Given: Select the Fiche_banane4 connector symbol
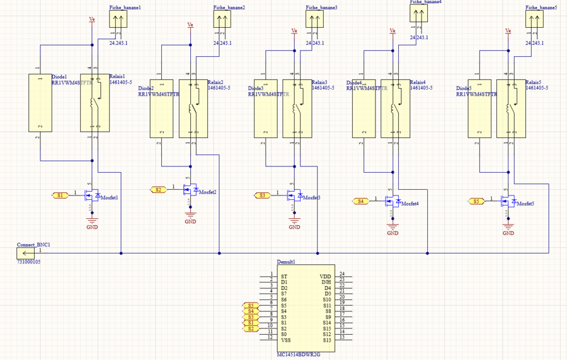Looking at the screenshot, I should [x=418, y=15].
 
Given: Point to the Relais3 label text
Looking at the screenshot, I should [x=319, y=83].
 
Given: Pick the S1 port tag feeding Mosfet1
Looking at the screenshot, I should [x=60, y=195].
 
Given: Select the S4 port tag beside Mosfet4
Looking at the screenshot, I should [x=360, y=201].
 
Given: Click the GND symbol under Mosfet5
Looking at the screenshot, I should [x=508, y=224].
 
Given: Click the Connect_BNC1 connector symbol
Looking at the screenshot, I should [x=26, y=253].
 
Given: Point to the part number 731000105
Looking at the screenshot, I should [x=29, y=262].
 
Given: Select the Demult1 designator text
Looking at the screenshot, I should [x=286, y=262].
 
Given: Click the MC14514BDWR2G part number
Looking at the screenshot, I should [x=299, y=354].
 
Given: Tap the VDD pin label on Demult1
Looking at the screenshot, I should [x=325, y=276].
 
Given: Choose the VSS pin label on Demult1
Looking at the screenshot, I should [x=286, y=340].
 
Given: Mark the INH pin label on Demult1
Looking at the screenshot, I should [x=326, y=282].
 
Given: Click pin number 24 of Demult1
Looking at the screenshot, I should [x=342, y=274].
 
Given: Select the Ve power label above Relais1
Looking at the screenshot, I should [x=92, y=20].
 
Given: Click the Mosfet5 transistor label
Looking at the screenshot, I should [x=524, y=204].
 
